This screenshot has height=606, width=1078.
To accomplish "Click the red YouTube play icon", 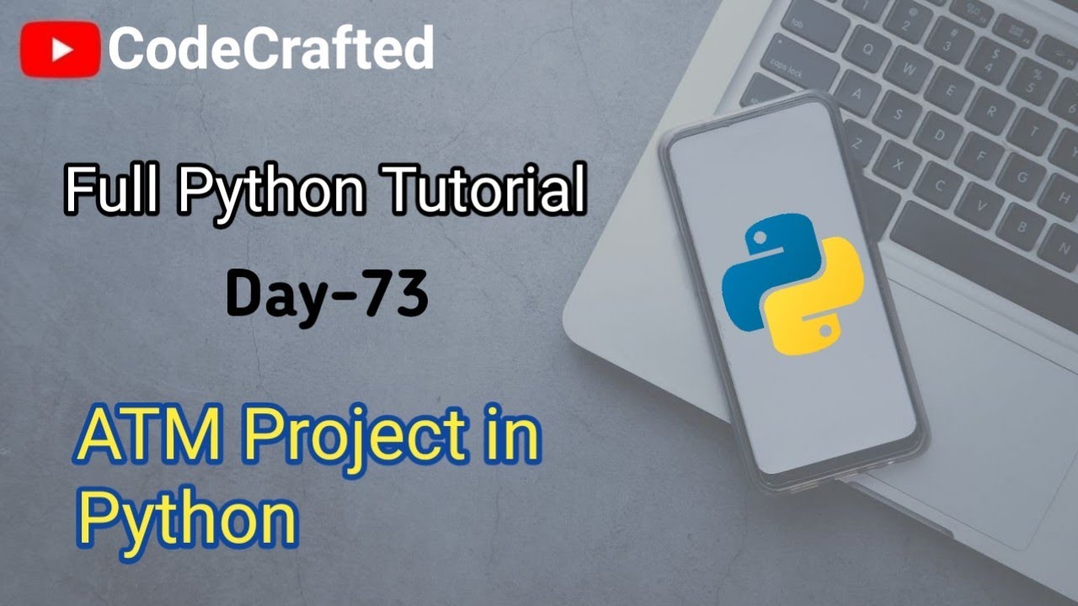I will pyautogui.click(x=61, y=49).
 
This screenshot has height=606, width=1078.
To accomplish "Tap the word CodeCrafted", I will pyautogui.click(x=270, y=49).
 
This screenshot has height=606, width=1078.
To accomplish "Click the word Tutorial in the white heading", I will pyautogui.click(x=486, y=191).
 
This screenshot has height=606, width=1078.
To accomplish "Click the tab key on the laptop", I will pyautogui.click(x=800, y=25).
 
